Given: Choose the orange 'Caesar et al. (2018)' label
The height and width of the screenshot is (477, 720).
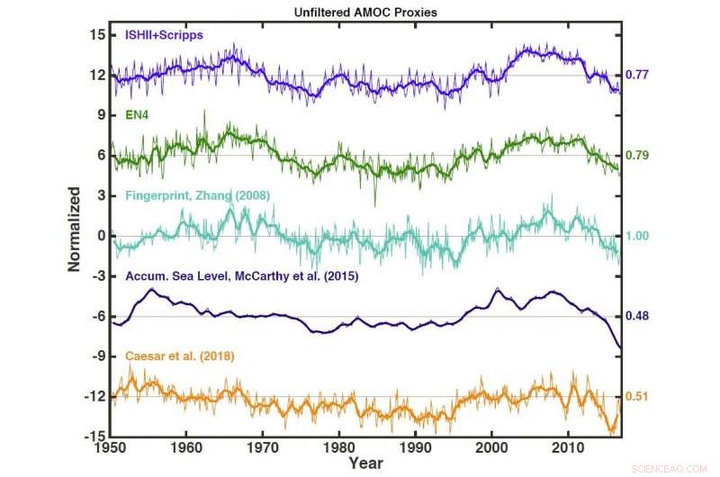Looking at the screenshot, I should click(x=177, y=356).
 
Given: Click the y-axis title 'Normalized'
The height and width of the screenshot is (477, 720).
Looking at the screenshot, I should click(x=76, y=229).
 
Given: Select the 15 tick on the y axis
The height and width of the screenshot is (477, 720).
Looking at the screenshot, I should click(x=96, y=34).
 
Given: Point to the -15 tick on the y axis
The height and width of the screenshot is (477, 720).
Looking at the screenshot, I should click(x=93, y=436).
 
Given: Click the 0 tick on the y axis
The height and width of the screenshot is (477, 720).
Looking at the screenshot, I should click(x=100, y=236).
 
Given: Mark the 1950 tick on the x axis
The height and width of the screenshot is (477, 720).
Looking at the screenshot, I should click(x=110, y=447).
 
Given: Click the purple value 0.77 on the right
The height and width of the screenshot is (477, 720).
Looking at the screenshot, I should click(x=637, y=75).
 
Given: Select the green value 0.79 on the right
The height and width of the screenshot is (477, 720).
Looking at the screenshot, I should click(x=637, y=156).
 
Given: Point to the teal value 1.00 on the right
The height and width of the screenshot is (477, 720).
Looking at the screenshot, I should click(x=637, y=236).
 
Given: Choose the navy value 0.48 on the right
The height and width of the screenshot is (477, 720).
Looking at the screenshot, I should click(x=637, y=316).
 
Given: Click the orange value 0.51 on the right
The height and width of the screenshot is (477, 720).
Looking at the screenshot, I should click(x=637, y=397).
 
